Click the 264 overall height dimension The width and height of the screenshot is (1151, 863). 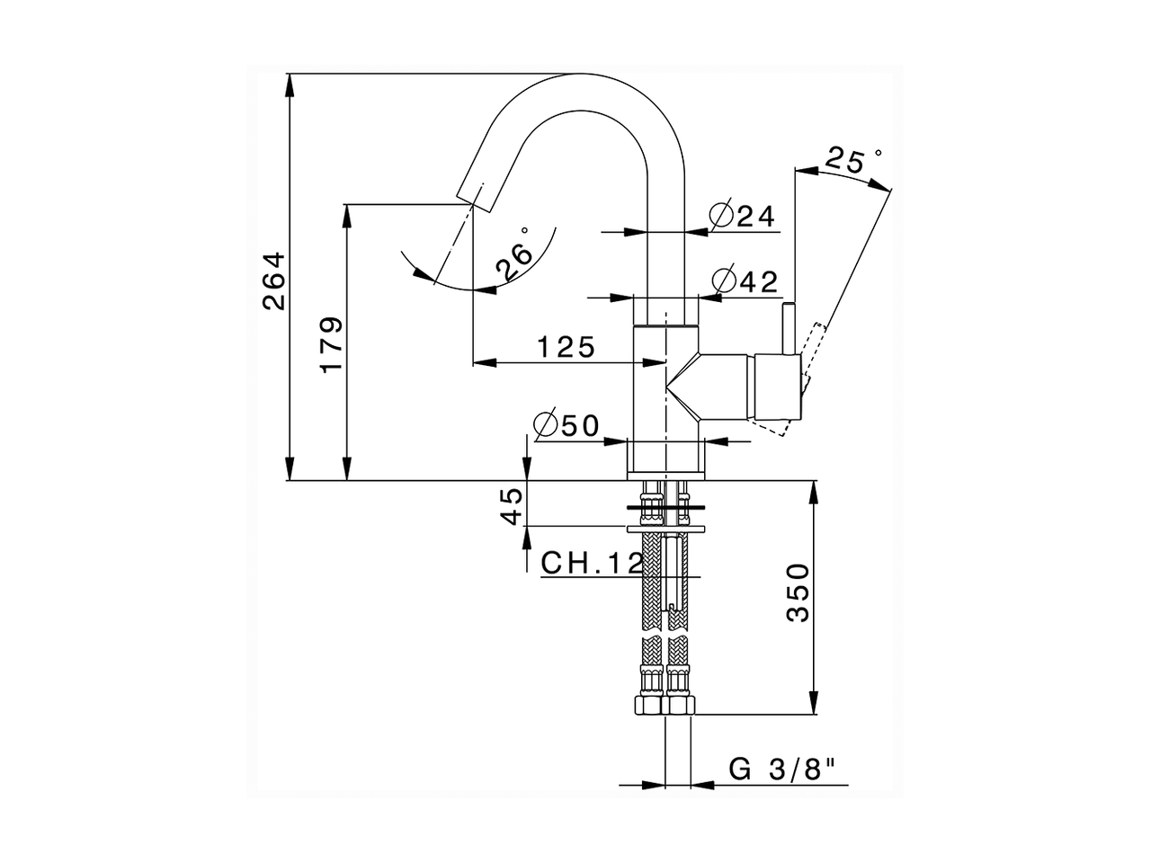click(x=273, y=281)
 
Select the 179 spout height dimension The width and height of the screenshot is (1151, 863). click(x=330, y=343)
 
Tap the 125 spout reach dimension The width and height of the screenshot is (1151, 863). click(x=567, y=346)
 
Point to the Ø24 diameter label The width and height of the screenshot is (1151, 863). click(x=742, y=216)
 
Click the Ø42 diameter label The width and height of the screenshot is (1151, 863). click(x=744, y=281)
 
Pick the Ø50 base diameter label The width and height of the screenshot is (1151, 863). click(x=566, y=425)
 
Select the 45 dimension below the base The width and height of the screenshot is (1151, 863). click(x=510, y=506)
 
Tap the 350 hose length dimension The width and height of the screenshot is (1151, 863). click(x=799, y=593)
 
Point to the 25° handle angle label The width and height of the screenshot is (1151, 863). click(x=852, y=161)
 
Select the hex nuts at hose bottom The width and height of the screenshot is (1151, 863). click(x=665, y=704)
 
